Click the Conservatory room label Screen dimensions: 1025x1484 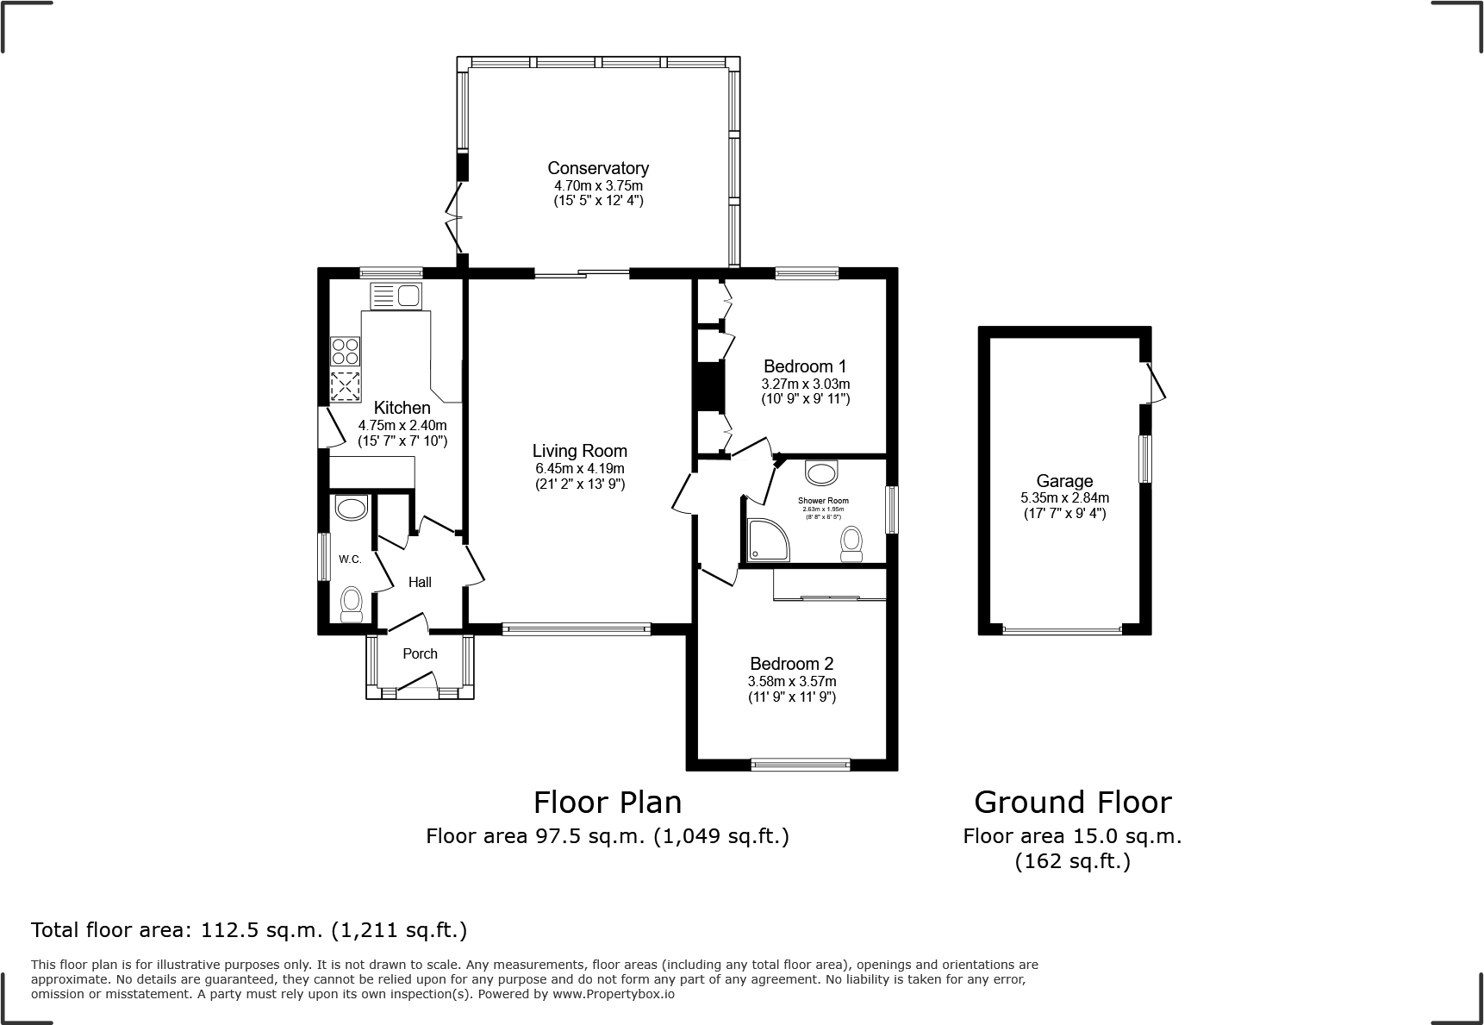(x=598, y=168)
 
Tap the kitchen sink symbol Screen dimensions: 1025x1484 (x=395, y=297)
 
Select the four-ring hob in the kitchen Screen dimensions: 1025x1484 (x=346, y=352)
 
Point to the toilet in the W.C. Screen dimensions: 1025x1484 (x=352, y=603)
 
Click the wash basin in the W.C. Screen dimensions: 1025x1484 (x=351, y=508)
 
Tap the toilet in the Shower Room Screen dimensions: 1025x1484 (x=851, y=545)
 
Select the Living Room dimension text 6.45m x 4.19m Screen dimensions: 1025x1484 (x=579, y=469)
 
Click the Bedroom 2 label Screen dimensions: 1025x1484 (x=791, y=664)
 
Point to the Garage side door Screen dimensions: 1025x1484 (x=1157, y=383)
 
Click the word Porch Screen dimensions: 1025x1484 (x=420, y=653)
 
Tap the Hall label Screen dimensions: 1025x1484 (x=420, y=583)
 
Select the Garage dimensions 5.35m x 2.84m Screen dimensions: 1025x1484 (x=1064, y=498)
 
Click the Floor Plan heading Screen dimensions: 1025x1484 (x=608, y=803)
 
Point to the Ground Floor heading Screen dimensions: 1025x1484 (x=1072, y=803)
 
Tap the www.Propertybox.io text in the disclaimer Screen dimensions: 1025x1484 (x=613, y=994)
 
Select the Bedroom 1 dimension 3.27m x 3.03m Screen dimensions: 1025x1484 (x=805, y=384)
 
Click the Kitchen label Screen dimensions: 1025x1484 (x=402, y=408)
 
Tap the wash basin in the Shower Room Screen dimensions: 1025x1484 (x=821, y=473)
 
